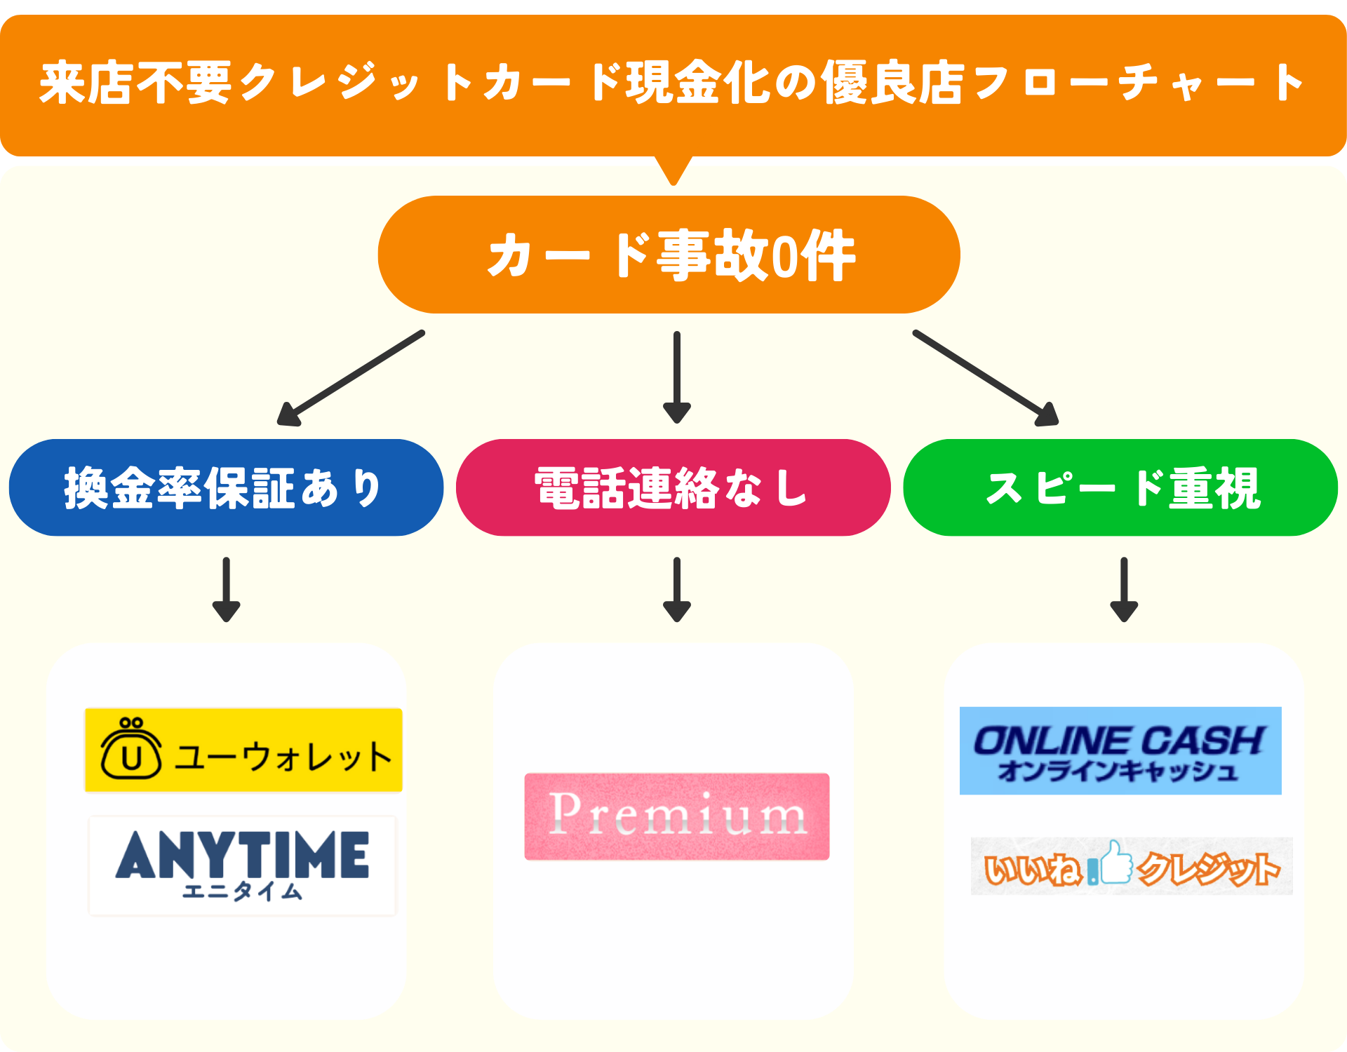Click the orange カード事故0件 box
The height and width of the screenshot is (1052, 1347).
click(669, 255)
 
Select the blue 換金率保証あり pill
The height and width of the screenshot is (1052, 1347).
click(226, 488)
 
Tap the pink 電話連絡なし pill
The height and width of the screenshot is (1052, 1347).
click(673, 488)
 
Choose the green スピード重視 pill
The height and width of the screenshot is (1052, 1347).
click(1120, 488)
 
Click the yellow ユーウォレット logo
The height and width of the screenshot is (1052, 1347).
click(243, 750)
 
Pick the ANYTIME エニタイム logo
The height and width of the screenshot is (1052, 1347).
click(243, 865)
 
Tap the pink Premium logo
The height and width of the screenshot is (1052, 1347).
click(677, 816)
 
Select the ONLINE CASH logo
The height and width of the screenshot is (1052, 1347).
click(1120, 750)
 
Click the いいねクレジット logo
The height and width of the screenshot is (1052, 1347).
click(1132, 866)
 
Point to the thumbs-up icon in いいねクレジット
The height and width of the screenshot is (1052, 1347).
click(1115, 863)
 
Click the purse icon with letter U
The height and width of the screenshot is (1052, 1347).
click(131, 750)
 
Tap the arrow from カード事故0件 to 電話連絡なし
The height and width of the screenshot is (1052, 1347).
click(677, 377)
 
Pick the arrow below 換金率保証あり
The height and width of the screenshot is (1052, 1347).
click(226, 589)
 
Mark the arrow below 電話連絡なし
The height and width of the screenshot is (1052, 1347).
click(677, 589)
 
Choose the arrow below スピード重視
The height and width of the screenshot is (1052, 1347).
click(1124, 589)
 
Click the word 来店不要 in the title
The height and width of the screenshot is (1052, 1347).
click(135, 83)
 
